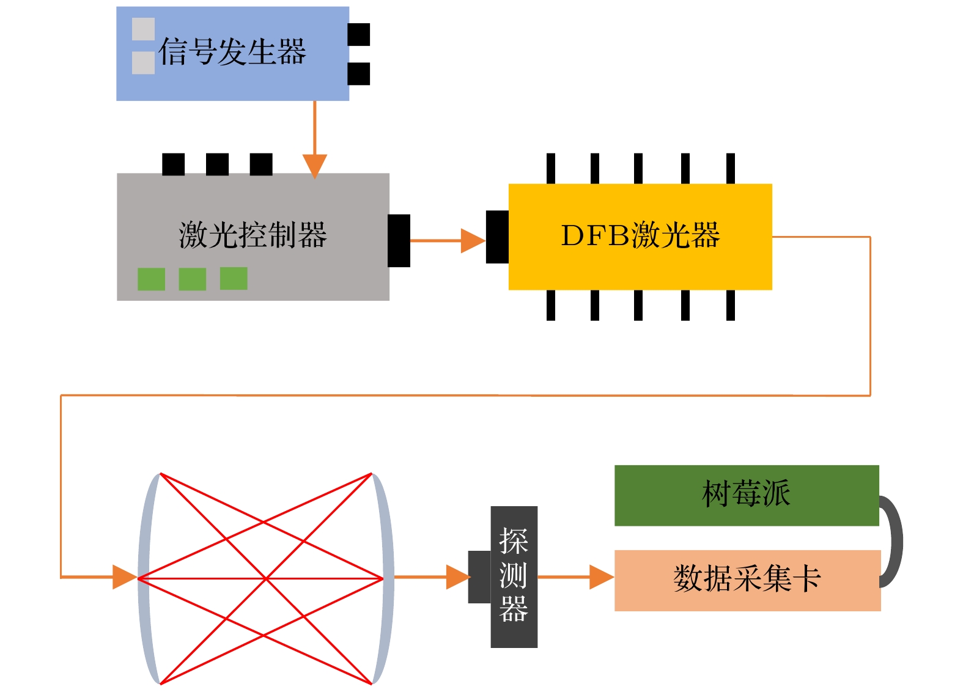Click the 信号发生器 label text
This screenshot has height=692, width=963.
tap(232, 51)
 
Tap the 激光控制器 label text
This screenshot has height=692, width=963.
tap(253, 235)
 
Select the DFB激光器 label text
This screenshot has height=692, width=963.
tap(640, 235)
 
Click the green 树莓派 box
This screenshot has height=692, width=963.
tap(746, 495)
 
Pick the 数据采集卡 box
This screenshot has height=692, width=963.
tap(747, 580)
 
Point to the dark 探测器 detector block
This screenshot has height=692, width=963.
tap(514, 576)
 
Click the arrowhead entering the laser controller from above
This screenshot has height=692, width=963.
tap(315, 166)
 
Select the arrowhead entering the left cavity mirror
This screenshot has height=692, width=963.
tap(124, 576)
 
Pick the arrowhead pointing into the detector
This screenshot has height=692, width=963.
tap(457, 577)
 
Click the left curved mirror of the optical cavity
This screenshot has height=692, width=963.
tap(144, 578)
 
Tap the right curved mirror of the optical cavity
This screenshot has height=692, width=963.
tap(387, 578)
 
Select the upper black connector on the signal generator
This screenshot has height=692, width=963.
tap(358, 35)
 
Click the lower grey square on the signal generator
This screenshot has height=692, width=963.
tap(143, 62)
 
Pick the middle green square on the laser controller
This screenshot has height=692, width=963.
tap(192, 279)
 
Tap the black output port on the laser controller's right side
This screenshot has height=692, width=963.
tap(399, 240)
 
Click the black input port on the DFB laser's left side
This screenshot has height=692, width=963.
tap(497, 237)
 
